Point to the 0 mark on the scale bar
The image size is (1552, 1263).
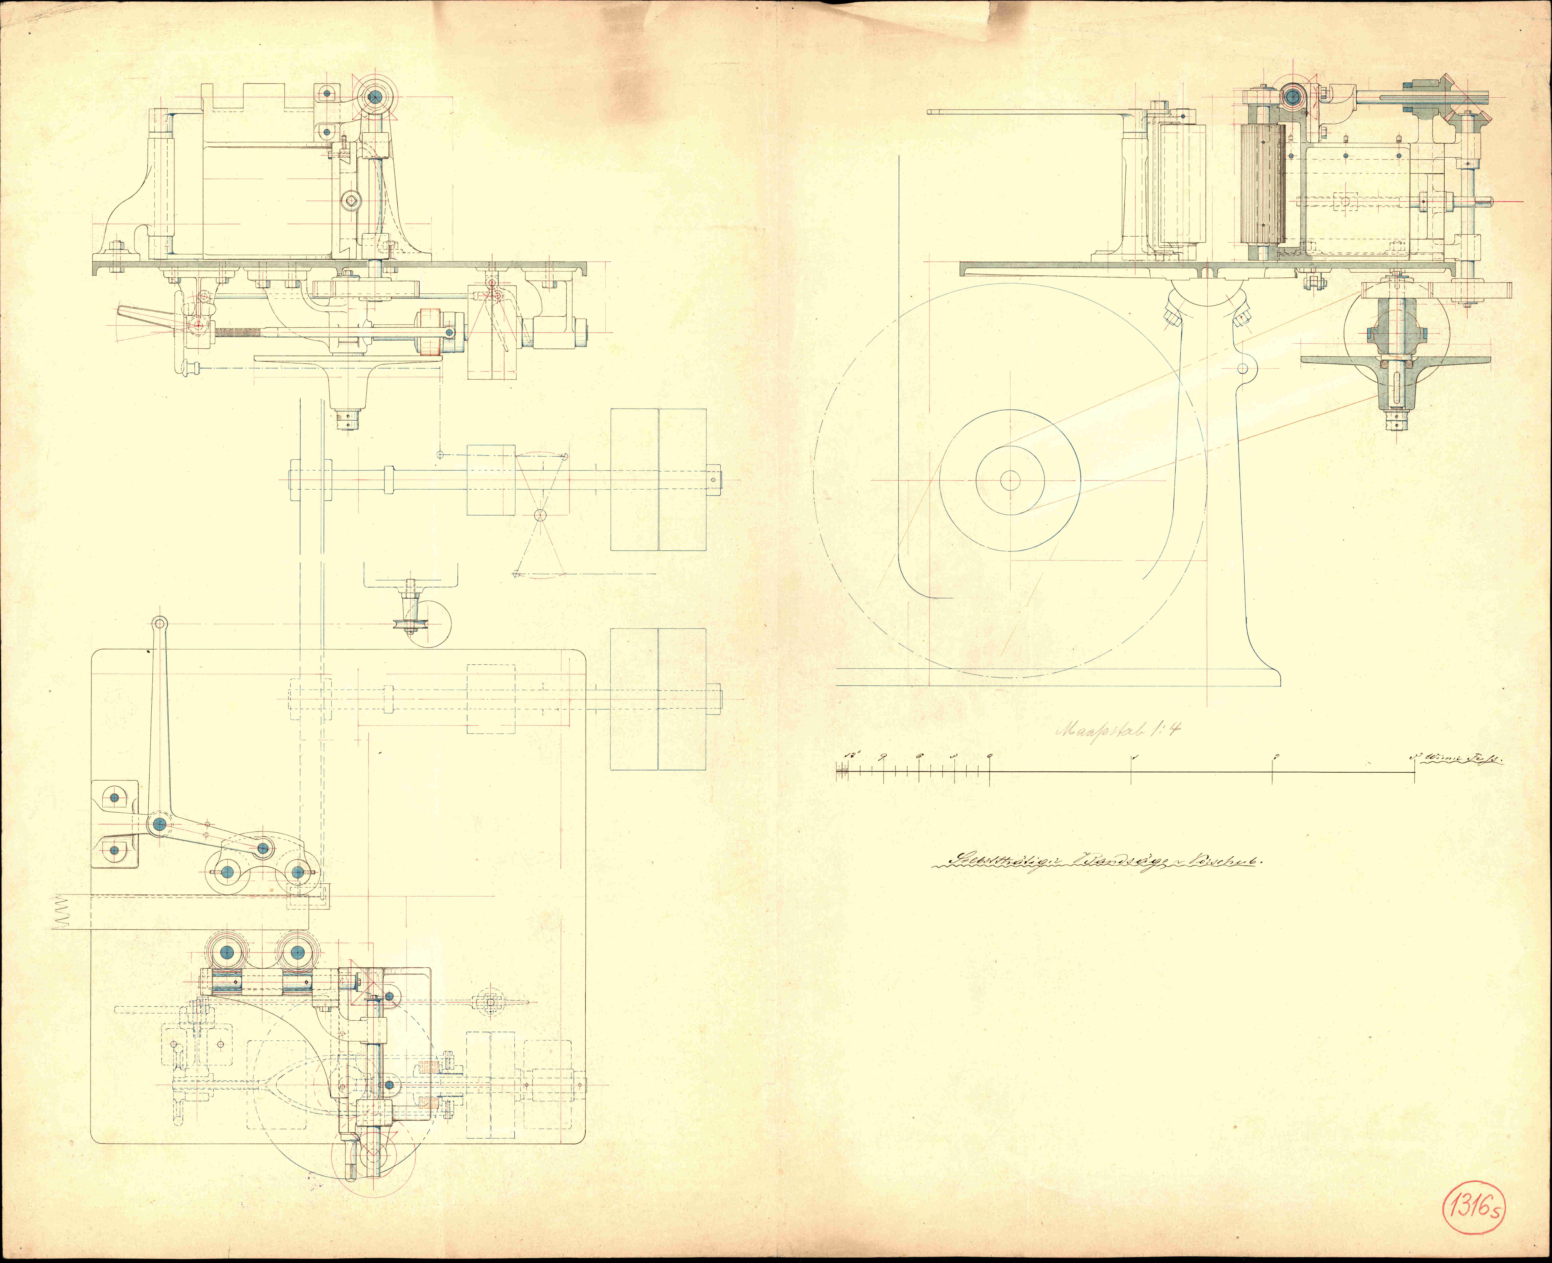pos(989,757)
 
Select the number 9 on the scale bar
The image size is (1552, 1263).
pos(882,757)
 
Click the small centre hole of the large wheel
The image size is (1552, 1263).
pos(1010,480)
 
